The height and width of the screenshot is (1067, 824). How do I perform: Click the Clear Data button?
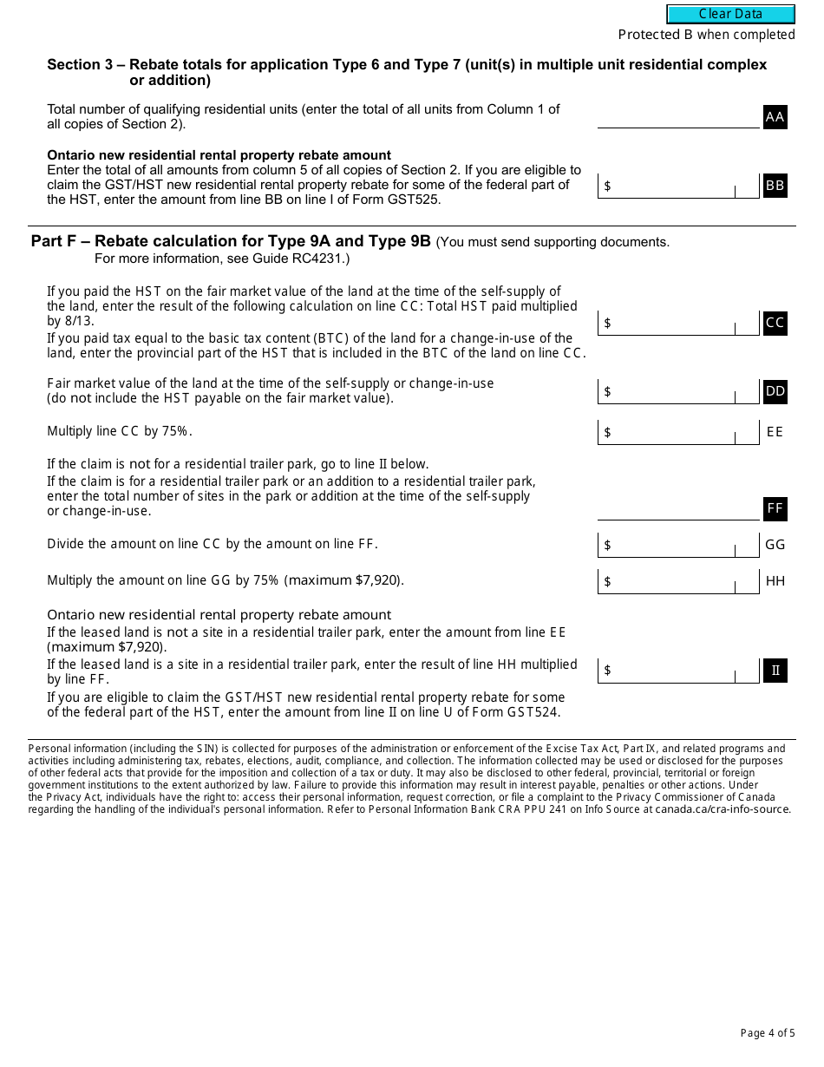coord(730,14)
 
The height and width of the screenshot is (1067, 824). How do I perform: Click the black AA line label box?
coord(775,117)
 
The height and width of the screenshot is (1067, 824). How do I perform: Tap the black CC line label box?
coord(775,323)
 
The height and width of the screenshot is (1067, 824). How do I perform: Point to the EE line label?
coord(775,431)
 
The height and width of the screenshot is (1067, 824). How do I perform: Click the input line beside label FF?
coord(678,510)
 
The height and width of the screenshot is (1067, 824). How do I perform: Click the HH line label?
coord(775,581)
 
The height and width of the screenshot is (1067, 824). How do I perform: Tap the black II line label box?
coord(775,671)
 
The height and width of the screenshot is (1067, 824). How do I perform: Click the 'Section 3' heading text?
coord(83,65)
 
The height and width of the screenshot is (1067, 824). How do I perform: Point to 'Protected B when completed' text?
coord(706,35)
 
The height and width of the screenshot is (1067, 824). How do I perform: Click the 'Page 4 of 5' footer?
coord(767,1033)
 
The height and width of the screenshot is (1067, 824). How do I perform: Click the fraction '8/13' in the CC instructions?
coord(79,321)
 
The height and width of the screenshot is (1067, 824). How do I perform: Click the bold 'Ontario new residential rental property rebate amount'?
coord(219,155)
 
